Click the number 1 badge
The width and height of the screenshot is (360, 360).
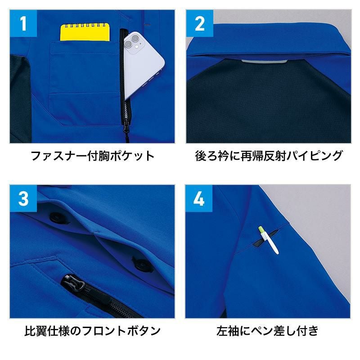click(23, 23)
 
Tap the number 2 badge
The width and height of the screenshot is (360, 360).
click(199, 23)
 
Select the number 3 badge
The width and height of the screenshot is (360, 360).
click(23, 198)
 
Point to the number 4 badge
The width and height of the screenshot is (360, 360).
click(199, 198)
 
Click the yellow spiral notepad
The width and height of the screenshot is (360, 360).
click(85, 32)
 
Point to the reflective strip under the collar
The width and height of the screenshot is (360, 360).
click(264, 62)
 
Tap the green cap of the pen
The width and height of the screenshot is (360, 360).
click(261, 229)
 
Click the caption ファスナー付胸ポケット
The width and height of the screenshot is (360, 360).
click(92, 156)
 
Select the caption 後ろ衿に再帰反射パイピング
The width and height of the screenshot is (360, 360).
click(269, 156)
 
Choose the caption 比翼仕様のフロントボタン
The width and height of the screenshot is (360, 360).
click(92, 331)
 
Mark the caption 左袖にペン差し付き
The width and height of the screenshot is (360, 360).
click(268, 331)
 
